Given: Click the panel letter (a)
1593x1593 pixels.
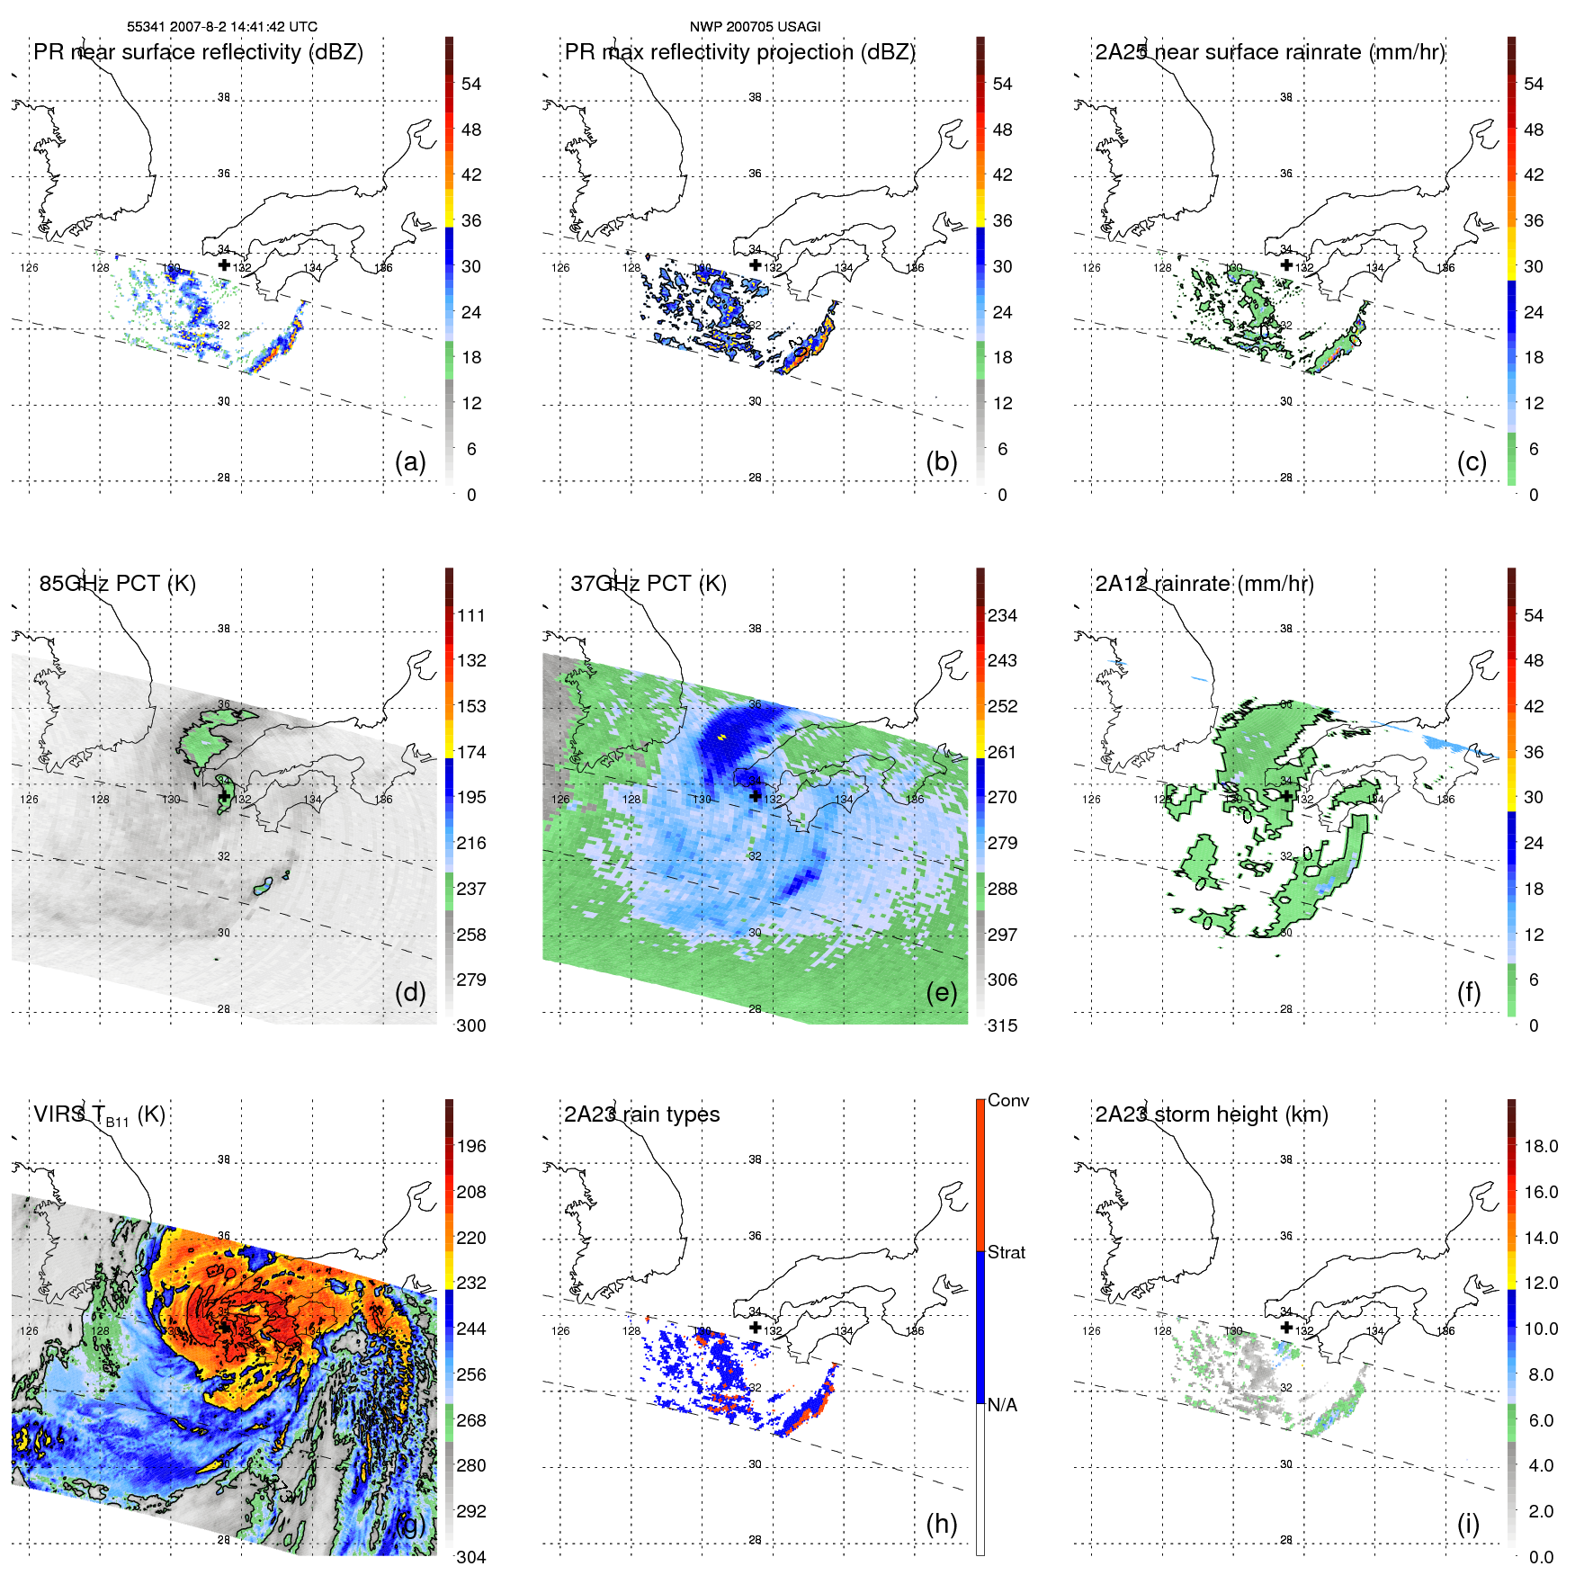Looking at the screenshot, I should coord(410,461).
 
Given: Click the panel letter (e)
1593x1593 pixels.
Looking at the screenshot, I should coord(941,992).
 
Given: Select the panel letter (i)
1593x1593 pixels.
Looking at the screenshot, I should coord(1468,1524).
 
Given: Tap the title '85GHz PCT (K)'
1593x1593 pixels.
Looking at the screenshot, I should coord(117,583).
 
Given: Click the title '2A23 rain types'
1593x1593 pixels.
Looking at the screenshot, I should coord(641,1114).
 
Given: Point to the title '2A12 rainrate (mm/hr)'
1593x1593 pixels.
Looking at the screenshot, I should coord(1204,583).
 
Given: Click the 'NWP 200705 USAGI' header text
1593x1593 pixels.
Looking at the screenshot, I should coord(755,26).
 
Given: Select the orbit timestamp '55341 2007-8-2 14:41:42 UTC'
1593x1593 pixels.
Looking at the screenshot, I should coord(222,26).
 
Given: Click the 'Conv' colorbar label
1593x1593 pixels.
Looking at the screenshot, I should coord(1007,1100).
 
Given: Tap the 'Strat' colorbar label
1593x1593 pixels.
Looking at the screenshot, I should coord(1006,1252).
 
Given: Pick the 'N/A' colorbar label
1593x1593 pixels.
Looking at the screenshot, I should coord(1002,1405).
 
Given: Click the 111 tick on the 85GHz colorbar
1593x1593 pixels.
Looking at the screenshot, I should coord(471,615).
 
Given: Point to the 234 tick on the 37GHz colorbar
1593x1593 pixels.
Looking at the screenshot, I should coord(1002,615).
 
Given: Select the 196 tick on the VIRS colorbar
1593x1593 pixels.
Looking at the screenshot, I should coord(471,1146).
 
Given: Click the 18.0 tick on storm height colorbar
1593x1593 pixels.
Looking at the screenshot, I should coord(1540,1146).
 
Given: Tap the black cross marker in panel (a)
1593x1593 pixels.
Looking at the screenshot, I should coord(224,264).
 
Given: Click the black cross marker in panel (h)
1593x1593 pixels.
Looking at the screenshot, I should coord(756,1327).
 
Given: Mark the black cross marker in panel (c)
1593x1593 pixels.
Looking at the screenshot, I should coord(1286,264).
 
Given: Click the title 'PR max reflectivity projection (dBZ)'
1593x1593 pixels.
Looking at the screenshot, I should coord(739,51).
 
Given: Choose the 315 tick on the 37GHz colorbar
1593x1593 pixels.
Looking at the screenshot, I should coord(1002,1025).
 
